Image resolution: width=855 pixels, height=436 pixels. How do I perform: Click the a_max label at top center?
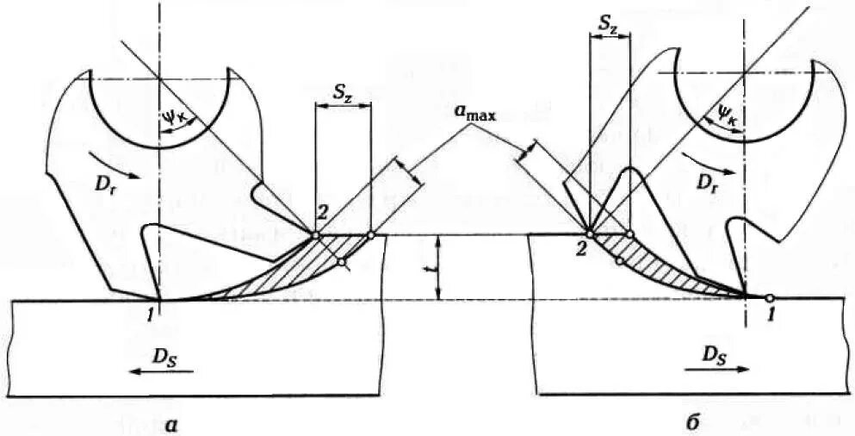click(474, 113)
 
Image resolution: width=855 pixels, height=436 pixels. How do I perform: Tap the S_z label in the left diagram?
click(342, 92)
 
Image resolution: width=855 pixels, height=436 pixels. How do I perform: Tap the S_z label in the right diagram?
click(608, 26)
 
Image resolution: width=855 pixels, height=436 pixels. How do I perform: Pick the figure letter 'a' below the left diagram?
click(173, 421)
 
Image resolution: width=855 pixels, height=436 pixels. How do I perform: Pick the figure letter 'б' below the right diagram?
click(694, 421)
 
